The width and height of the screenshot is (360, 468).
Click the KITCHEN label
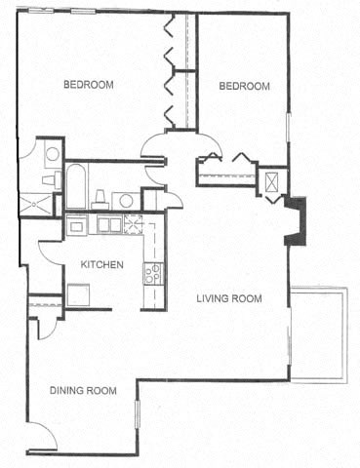101,264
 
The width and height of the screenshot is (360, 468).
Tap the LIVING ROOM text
229,298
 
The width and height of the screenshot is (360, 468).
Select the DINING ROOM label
83,390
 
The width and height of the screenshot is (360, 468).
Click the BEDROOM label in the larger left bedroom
89,85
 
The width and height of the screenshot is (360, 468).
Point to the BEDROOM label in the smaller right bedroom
243,86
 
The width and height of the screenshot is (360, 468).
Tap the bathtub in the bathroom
76,186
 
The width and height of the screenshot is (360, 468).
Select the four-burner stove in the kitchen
153,273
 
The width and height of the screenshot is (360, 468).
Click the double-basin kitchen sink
109,225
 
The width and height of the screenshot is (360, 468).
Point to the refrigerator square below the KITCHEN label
78,293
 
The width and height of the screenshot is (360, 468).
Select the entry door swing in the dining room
41,438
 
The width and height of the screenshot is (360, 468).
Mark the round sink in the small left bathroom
52,153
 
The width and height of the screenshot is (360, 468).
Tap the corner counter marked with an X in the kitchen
134,223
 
